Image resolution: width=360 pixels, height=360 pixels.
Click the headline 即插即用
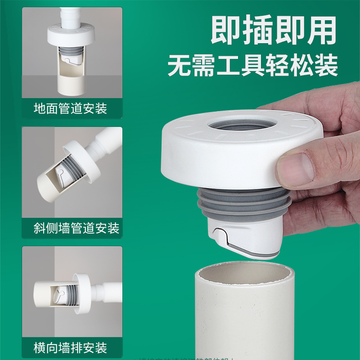274,30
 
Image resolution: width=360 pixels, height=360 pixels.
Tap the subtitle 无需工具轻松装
253,66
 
